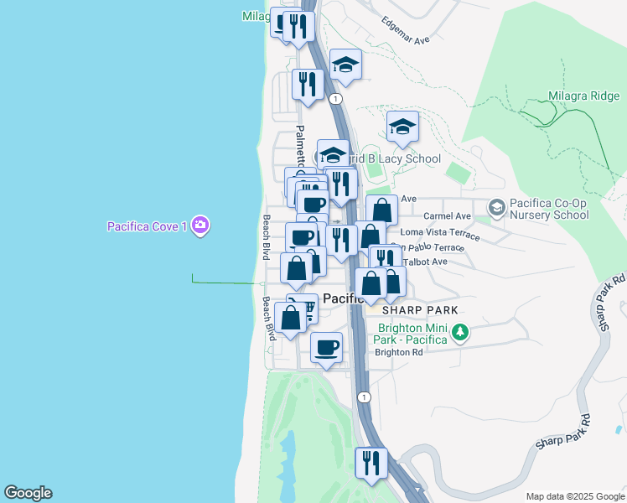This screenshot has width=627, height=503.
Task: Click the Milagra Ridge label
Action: coord(583,96)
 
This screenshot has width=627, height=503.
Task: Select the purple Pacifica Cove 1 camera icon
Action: coord(199,225)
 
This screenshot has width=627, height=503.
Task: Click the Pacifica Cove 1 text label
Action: coord(147,226)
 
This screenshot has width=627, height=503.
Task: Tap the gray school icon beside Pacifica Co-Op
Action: coord(496,205)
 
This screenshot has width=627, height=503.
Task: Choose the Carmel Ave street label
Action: coord(447,215)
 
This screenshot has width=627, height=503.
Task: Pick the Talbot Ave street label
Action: coord(425,262)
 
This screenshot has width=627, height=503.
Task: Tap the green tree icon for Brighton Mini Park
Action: coord(459,333)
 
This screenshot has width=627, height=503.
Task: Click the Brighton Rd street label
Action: coord(399,352)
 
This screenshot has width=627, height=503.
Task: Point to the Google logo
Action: coord(28,493)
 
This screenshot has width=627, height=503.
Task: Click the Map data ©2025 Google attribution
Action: coord(573,496)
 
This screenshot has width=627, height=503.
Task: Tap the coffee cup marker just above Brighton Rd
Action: coord(326,347)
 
